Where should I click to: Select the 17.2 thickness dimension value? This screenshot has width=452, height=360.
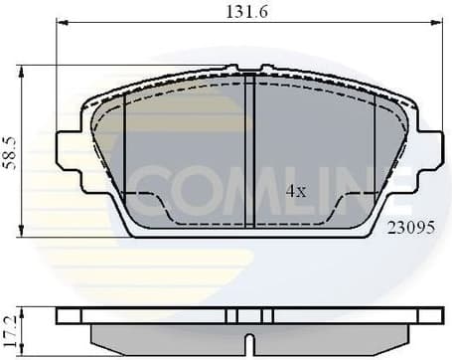click(x=10, y=324)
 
